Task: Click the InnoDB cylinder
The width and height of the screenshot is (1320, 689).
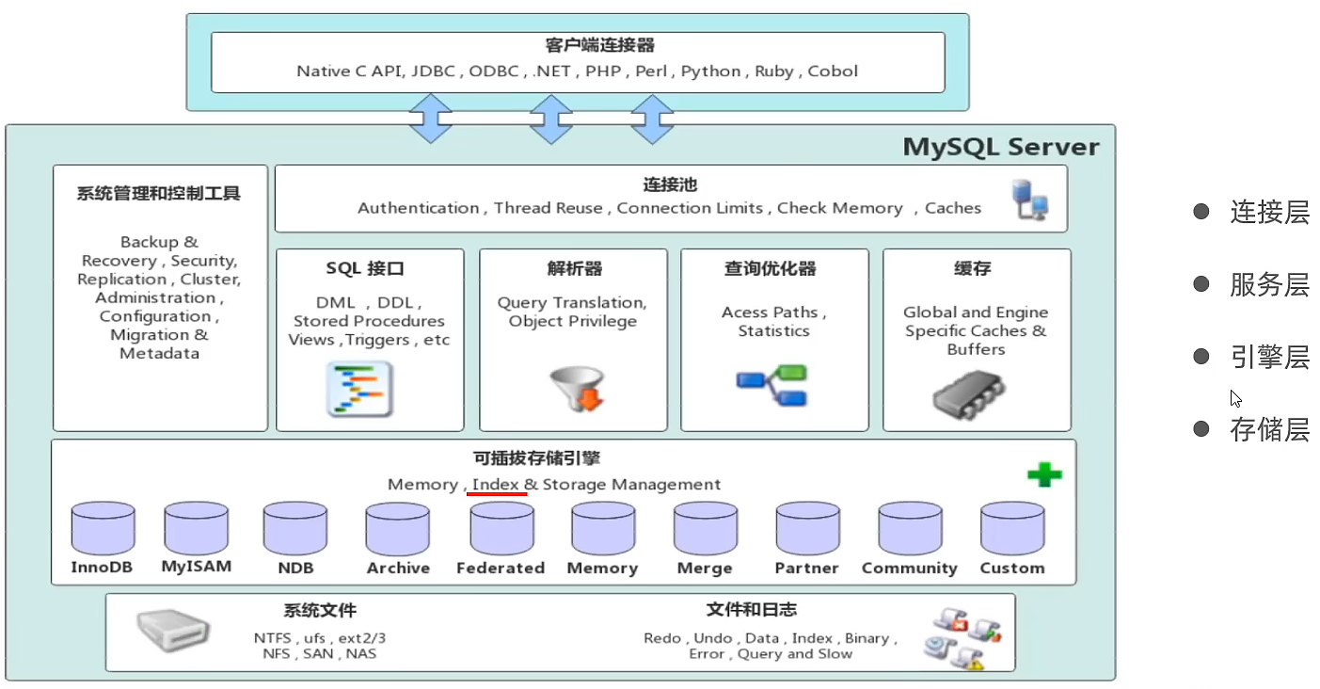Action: point(103,529)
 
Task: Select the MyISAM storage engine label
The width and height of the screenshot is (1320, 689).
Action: point(196,567)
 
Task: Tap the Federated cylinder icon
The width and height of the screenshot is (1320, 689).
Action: point(501,529)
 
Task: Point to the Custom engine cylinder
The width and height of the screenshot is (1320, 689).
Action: point(1012,529)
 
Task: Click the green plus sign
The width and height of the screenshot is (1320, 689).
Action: point(1043,474)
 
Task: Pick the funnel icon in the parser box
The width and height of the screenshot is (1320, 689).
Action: point(574,389)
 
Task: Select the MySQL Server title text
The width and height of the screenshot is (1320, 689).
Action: point(1000,148)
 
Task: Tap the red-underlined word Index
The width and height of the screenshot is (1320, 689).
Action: point(495,485)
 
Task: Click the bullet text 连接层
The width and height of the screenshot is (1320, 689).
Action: point(1269,212)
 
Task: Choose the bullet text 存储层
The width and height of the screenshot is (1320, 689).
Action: point(1269,430)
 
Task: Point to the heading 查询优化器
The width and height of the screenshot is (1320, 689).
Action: point(770,269)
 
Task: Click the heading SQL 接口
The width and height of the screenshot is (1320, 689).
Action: point(365,269)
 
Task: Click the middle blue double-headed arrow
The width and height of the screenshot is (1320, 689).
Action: point(551,118)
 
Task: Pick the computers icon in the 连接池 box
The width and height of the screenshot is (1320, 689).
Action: point(1029,200)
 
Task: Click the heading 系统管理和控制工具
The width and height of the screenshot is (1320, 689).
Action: point(159,194)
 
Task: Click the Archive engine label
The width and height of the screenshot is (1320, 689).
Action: point(398,569)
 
